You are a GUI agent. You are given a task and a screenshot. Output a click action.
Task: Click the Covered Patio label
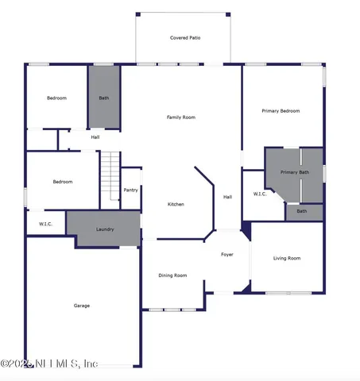coord(184,38)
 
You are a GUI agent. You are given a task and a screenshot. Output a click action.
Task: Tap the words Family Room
coord(180,117)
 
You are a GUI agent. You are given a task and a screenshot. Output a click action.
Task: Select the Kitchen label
coord(176,204)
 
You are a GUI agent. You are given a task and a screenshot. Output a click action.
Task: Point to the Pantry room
coord(131,190)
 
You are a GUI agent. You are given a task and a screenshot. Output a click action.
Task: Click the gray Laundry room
coord(105,229)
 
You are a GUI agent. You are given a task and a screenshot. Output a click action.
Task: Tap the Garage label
coord(82,306)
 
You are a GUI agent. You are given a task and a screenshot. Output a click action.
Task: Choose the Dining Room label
coord(172,275)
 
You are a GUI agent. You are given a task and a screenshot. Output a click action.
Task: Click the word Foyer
coord(227,254)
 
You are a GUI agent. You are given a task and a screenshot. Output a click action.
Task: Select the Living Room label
coord(287,258)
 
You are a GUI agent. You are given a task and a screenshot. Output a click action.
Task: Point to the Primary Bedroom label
coord(281,111)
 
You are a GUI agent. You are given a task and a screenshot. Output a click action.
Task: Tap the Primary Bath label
coord(294,172)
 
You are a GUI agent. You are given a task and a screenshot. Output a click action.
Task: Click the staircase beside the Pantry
coord(109,179)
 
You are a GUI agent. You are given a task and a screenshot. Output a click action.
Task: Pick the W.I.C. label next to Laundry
coord(45,225)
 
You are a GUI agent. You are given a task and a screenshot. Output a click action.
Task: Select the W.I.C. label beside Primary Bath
coord(260,194)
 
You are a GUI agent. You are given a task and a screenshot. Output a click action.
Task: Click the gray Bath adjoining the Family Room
coord(103,98)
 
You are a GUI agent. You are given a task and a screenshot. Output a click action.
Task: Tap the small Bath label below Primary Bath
coord(302,211)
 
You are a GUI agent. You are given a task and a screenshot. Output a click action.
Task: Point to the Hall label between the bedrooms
coord(95,137)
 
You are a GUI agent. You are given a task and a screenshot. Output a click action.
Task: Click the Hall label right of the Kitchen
coord(227,197)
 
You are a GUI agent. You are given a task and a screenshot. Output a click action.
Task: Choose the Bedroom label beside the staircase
coord(63,182)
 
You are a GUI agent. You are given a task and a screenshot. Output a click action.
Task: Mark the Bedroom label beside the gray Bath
coord(56,98)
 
